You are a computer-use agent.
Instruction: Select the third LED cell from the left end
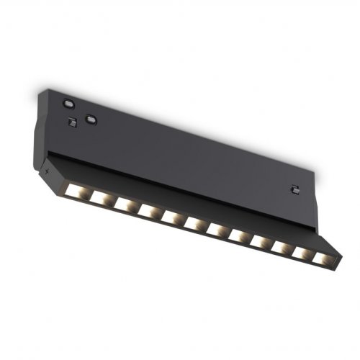coord(123,204)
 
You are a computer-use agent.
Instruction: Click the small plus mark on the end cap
coord(48,173)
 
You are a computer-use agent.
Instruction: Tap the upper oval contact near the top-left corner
coord(68,102)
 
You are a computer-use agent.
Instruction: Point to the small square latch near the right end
coord(293,189)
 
